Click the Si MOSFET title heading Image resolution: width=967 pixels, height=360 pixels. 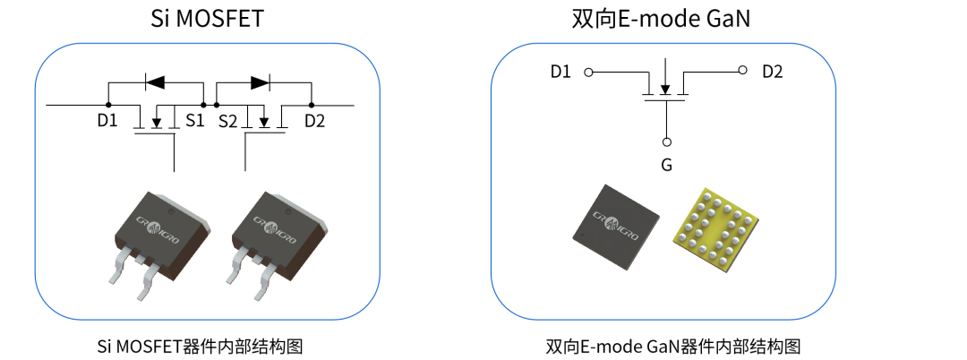(207, 18)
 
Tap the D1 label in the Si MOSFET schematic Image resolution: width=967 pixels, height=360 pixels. (107, 121)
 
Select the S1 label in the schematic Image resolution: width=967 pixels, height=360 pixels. (195, 121)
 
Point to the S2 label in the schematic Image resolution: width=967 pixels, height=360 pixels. (228, 121)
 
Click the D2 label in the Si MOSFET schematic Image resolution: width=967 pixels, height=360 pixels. (314, 121)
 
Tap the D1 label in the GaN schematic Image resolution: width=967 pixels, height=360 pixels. (561, 72)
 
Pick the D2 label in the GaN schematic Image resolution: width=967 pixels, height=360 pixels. (772, 72)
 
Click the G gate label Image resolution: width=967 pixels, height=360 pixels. (666, 165)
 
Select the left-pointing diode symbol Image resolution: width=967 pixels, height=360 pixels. (155, 82)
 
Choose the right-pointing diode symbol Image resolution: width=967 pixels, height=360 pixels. (261, 82)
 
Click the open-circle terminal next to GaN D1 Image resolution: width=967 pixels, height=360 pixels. (588, 71)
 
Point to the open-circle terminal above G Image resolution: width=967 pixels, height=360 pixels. (666, 141)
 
